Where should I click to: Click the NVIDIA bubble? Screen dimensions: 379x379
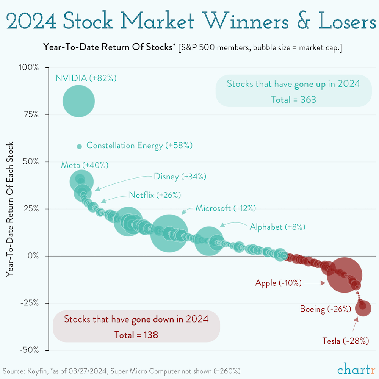[x=78, y=101]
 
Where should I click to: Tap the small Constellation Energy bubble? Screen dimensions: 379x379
[x=79, y=146]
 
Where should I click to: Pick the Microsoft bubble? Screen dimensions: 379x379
[x=169, y=233]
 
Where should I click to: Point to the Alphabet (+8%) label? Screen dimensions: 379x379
[x=277, y=227]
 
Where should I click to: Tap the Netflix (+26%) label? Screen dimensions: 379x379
[x=155, y=195]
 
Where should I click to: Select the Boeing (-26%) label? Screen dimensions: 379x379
[x=325, y=309]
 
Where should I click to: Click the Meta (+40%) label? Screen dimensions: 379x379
[x=85, y=165]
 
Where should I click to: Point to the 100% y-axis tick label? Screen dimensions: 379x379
[x=29, y=67]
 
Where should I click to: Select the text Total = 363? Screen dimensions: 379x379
[x=293, y=99]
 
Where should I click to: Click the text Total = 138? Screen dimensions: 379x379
[x=136, y=335]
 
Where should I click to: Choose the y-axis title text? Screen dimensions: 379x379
[x=10, y=209]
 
